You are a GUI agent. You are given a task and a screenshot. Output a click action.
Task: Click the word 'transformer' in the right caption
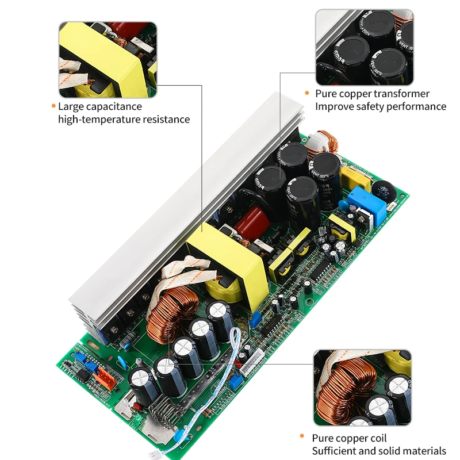pos(400,94)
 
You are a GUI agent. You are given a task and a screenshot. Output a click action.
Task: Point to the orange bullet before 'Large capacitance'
pos(53,106)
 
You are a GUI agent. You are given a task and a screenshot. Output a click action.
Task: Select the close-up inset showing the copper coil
pos(362,388)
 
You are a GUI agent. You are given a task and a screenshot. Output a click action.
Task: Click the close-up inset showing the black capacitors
pos(363,47)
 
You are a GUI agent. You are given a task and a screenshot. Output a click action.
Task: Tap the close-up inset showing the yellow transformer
pos(108,59)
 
